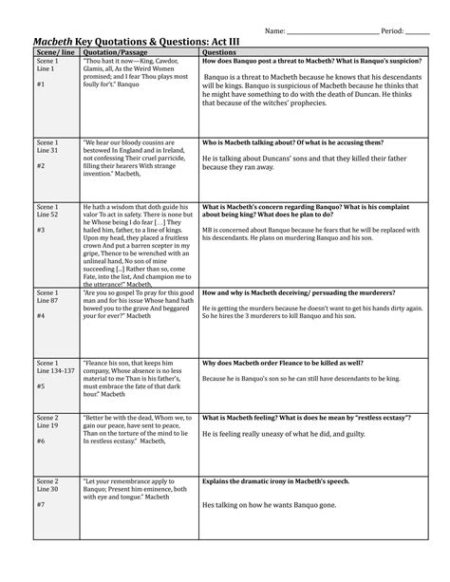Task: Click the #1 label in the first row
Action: tap(41, 85)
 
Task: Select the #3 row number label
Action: tap(41, 230)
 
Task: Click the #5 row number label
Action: tap(41, 387)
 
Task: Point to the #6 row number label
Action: tap(41, 442)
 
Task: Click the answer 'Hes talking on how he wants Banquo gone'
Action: tap(265, 504)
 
